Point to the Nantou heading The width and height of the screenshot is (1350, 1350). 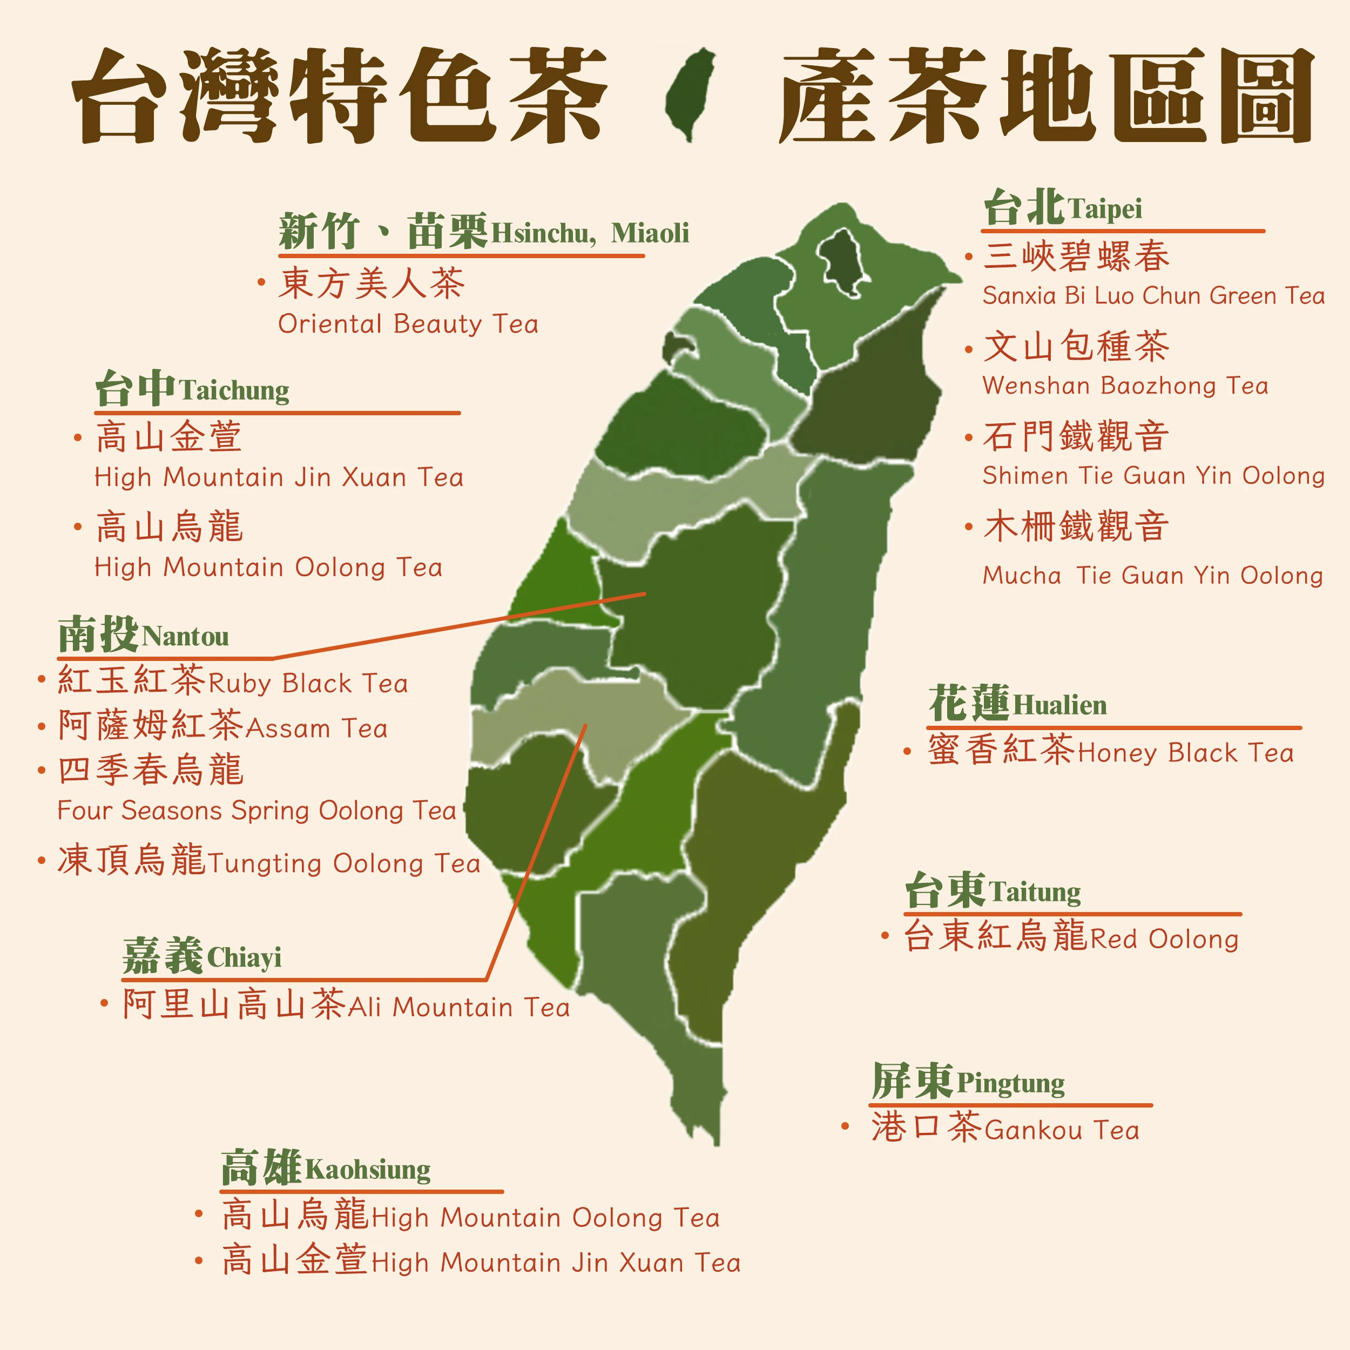click(143, 634)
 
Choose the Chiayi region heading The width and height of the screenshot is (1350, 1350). click(202, 955)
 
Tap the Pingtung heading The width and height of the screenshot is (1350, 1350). click(968, 1081)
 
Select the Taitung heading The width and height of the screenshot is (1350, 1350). click(992, 890)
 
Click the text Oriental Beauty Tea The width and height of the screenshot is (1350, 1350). click(408, 324)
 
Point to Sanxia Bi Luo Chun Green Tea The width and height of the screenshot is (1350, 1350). click(1153, 295)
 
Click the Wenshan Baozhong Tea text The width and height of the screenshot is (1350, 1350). click(1125, 386)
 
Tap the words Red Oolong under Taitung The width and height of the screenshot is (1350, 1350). click(1164, 939)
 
